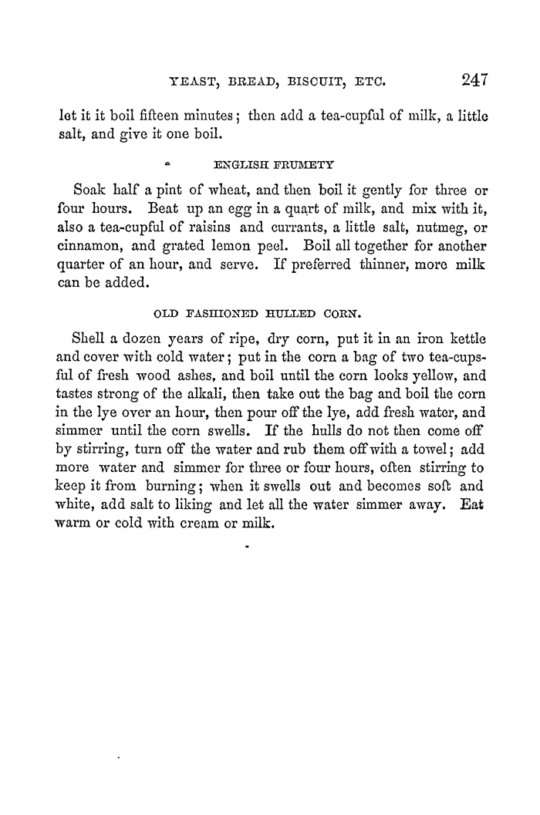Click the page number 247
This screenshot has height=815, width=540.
pyautogui.click(x=476, y=79)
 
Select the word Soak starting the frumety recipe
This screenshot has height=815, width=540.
pyautogui.click(x=90, y=190)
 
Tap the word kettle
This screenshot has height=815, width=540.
pyautogui.click(x=461, y=318)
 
